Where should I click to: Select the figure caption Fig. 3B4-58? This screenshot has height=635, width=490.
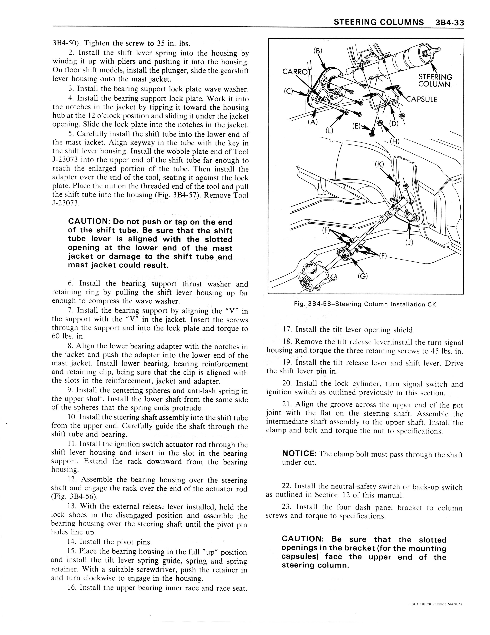[365, 304]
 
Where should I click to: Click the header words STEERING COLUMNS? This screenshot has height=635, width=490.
[379, 22]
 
